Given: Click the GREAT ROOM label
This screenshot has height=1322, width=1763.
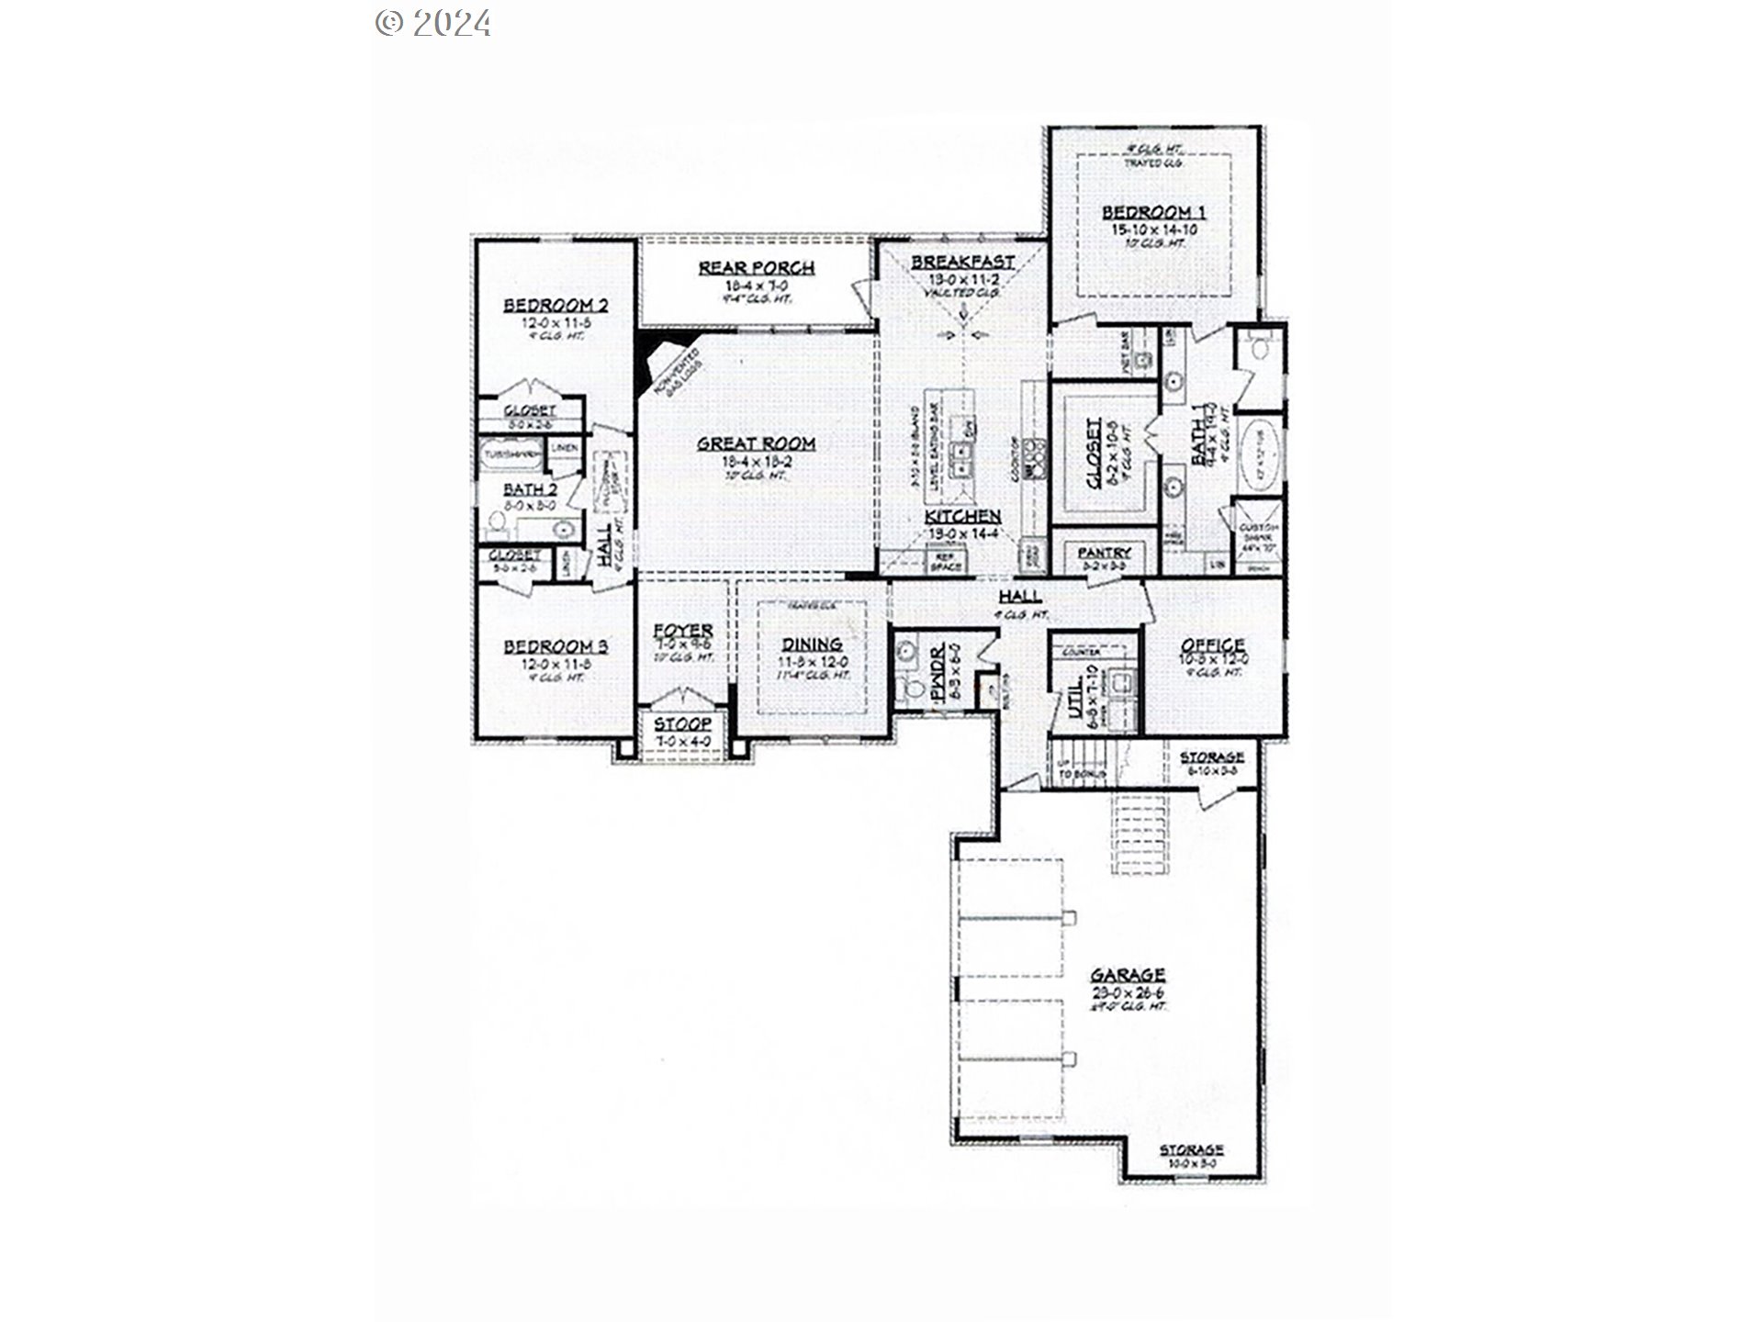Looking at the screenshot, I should click(x=756, y=443).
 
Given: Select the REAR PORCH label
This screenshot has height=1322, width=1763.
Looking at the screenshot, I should click(x=756, y=268).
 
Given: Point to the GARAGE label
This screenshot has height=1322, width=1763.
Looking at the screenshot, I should click(x=1128, y=975).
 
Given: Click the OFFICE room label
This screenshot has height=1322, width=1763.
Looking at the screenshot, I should click(x=1212, y=645).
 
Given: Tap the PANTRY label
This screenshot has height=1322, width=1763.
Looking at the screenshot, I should click(x=1104, y=553).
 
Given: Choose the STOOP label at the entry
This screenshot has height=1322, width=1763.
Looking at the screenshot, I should click(x=682, y=725).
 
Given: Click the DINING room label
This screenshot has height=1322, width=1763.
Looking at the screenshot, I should click(x=812, y=644).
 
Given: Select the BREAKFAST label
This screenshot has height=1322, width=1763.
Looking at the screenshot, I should click(x=962, y=263).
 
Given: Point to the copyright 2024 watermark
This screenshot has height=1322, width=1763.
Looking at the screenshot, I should click(x=433, y=22).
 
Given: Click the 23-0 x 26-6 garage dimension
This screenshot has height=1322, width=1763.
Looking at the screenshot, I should click(x=1128, y=992).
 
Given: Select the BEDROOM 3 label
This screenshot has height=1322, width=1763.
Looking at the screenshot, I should click(x=555, y=647).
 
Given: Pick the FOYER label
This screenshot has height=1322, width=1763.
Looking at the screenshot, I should click(x=683, y=631).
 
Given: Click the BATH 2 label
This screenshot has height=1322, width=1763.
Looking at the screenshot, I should click(x=530, y=490).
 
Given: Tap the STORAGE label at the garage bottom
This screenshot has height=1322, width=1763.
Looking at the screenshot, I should click(x=1191, y=1149).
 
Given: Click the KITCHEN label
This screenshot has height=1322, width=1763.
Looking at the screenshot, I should click(x=962, y=517).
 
